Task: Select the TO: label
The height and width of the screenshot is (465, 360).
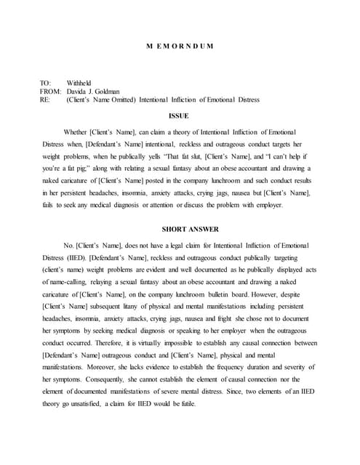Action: [x=46, y=83]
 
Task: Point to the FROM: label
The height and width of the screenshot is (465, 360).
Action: [x=50, y=92]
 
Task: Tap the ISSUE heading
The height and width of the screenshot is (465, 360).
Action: [x=178, y=115]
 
